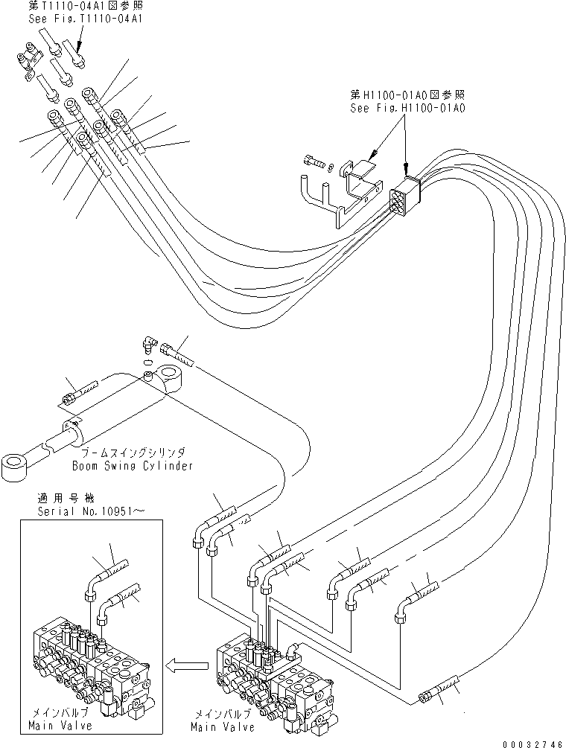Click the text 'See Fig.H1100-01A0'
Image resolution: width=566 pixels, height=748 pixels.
407,108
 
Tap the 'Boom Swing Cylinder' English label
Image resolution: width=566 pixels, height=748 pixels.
133,466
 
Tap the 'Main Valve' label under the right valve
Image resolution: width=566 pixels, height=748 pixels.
223,726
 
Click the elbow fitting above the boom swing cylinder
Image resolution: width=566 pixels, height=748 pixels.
150,346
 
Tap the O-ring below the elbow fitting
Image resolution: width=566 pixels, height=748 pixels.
148,362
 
